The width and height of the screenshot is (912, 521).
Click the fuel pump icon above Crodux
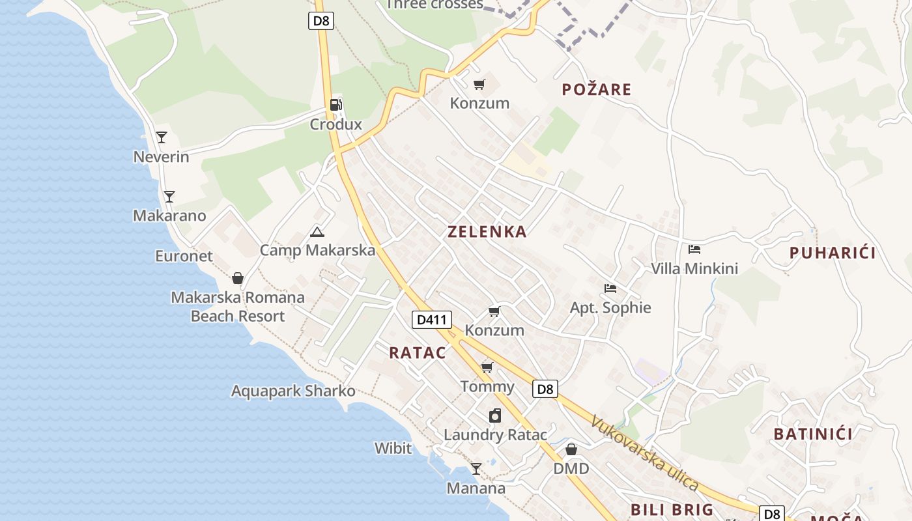click(335, 105)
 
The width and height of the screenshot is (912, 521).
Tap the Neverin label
click(161, 157)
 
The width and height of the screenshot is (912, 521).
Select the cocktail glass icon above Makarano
click(169, 196)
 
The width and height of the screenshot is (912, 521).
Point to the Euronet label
click(184, 256)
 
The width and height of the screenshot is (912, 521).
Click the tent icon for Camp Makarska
click(317, 231)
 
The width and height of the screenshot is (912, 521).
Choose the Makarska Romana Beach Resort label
click(238, 307)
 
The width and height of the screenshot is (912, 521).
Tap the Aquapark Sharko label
click(293, 391)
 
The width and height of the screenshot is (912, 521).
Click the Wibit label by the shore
click(393, 448)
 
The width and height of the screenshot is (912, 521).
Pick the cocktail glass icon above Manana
click(476, 468)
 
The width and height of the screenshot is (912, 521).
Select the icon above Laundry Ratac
click(495, 415)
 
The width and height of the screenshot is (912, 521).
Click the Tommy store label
click(487, 387)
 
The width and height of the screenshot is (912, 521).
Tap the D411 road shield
click(432, 320)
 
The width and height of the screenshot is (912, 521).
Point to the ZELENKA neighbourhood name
click(487, 231)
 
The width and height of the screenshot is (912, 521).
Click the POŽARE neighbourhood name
click(597, 89)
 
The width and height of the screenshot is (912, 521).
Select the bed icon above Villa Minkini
click(694, 249)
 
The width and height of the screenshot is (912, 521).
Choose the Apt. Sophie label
click(610, 307)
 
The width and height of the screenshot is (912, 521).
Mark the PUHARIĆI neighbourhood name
click(833, 253)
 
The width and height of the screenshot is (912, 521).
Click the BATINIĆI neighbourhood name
click(813, 434)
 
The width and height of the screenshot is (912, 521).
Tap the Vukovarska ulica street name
click(644, 453)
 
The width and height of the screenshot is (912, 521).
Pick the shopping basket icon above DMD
click(571, 449)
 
